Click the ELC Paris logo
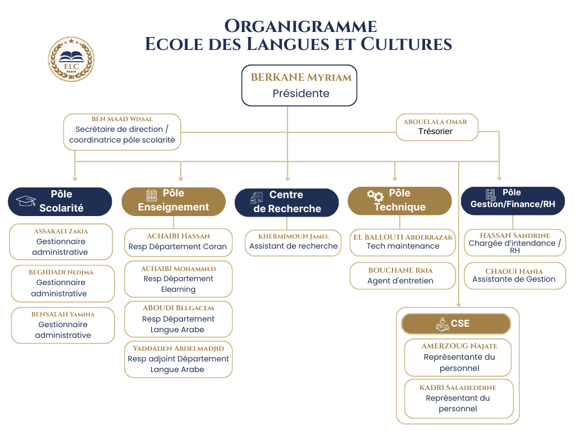point(71,59)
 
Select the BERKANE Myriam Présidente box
point(299,85)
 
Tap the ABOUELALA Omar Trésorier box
point(435,127)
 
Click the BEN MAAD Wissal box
point(122,132)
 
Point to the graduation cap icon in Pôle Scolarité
point(26,201)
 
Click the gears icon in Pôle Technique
point(375,196)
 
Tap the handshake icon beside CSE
point(442,324)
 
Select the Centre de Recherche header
point(286,202)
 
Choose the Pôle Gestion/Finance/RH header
point(513,200)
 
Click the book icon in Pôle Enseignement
point(152,195)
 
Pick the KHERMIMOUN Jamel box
point(294,242)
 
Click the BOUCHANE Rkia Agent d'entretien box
point(400,276)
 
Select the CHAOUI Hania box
point(514,276)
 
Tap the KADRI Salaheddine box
point(458,398)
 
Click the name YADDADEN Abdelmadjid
point(178,349)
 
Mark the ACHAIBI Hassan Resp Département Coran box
point(178,242)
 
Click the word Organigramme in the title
point(300,26)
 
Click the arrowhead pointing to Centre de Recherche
point(287,178)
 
